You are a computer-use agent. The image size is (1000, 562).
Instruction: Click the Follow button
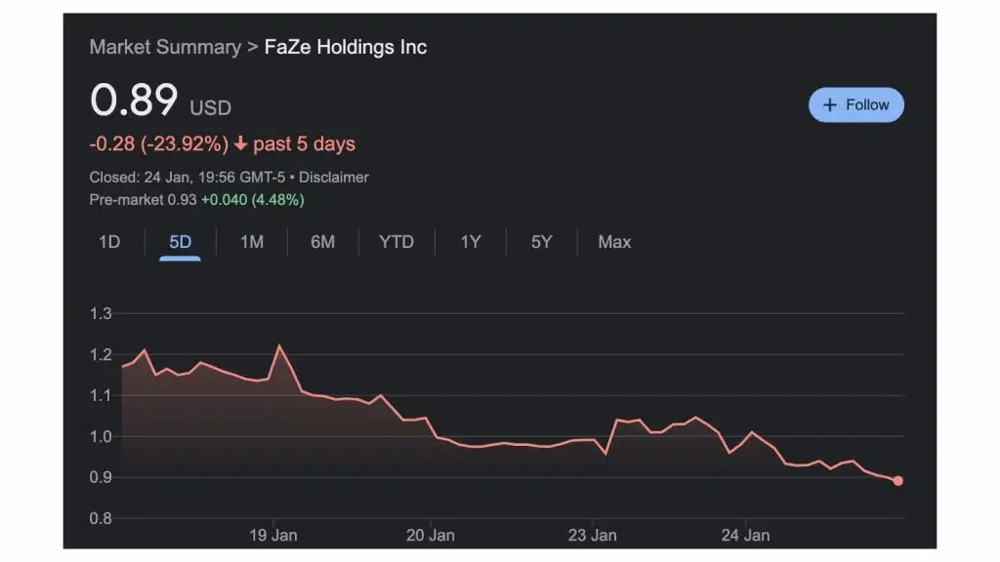(856, 105)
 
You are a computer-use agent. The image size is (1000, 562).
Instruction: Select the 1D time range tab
(109, 242)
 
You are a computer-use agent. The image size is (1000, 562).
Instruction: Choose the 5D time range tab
(181, 242)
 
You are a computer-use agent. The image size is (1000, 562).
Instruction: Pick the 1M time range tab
(252, 242)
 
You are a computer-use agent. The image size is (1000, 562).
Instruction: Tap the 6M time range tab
(322, 242)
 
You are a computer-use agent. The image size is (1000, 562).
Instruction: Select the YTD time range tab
(396, 242)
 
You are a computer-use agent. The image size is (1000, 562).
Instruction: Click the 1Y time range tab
(471, 242)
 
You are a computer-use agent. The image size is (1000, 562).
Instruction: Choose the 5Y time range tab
(541, 242)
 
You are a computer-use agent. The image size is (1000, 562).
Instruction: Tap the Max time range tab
(614, 242)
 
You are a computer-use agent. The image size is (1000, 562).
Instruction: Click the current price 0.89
(134, 100)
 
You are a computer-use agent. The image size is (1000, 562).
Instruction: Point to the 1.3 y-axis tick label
(101, 314)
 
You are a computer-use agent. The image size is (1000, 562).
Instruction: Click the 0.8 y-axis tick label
(101, 519)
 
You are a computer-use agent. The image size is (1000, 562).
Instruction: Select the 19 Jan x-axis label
(273, 536)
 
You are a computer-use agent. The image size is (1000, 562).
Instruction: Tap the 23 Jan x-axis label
(592, 536)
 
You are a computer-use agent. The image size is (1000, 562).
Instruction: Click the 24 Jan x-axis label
(744, 536)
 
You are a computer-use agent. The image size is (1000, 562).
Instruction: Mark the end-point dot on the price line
(897, 481)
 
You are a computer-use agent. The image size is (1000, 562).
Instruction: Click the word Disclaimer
(334, 178)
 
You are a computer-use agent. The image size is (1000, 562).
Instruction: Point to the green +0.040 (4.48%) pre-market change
(253, 200)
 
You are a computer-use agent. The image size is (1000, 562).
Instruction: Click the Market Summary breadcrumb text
(165, 47)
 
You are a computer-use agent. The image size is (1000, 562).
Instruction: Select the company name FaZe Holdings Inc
(346, 47)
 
